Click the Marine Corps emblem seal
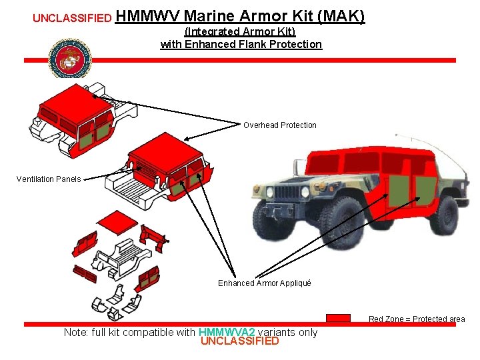[x=69, y=59]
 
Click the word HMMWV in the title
[x=147, y=16]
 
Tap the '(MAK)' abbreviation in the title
[x=342, y=16]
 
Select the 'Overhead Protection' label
[x=280, y=125]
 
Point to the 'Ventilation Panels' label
[x=49, y=179]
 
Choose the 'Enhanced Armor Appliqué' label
[x=265, y=283]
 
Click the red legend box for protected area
[x=339, y=318]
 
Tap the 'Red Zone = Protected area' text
[x=417, y=319]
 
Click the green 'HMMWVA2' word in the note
[x=227, y=332]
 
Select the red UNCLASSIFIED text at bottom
[x=240, y=341]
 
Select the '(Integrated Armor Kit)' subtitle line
[x=240, y=31]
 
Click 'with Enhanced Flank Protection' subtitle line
[x=241, y=44]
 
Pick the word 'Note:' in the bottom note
[x=77, y=332]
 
